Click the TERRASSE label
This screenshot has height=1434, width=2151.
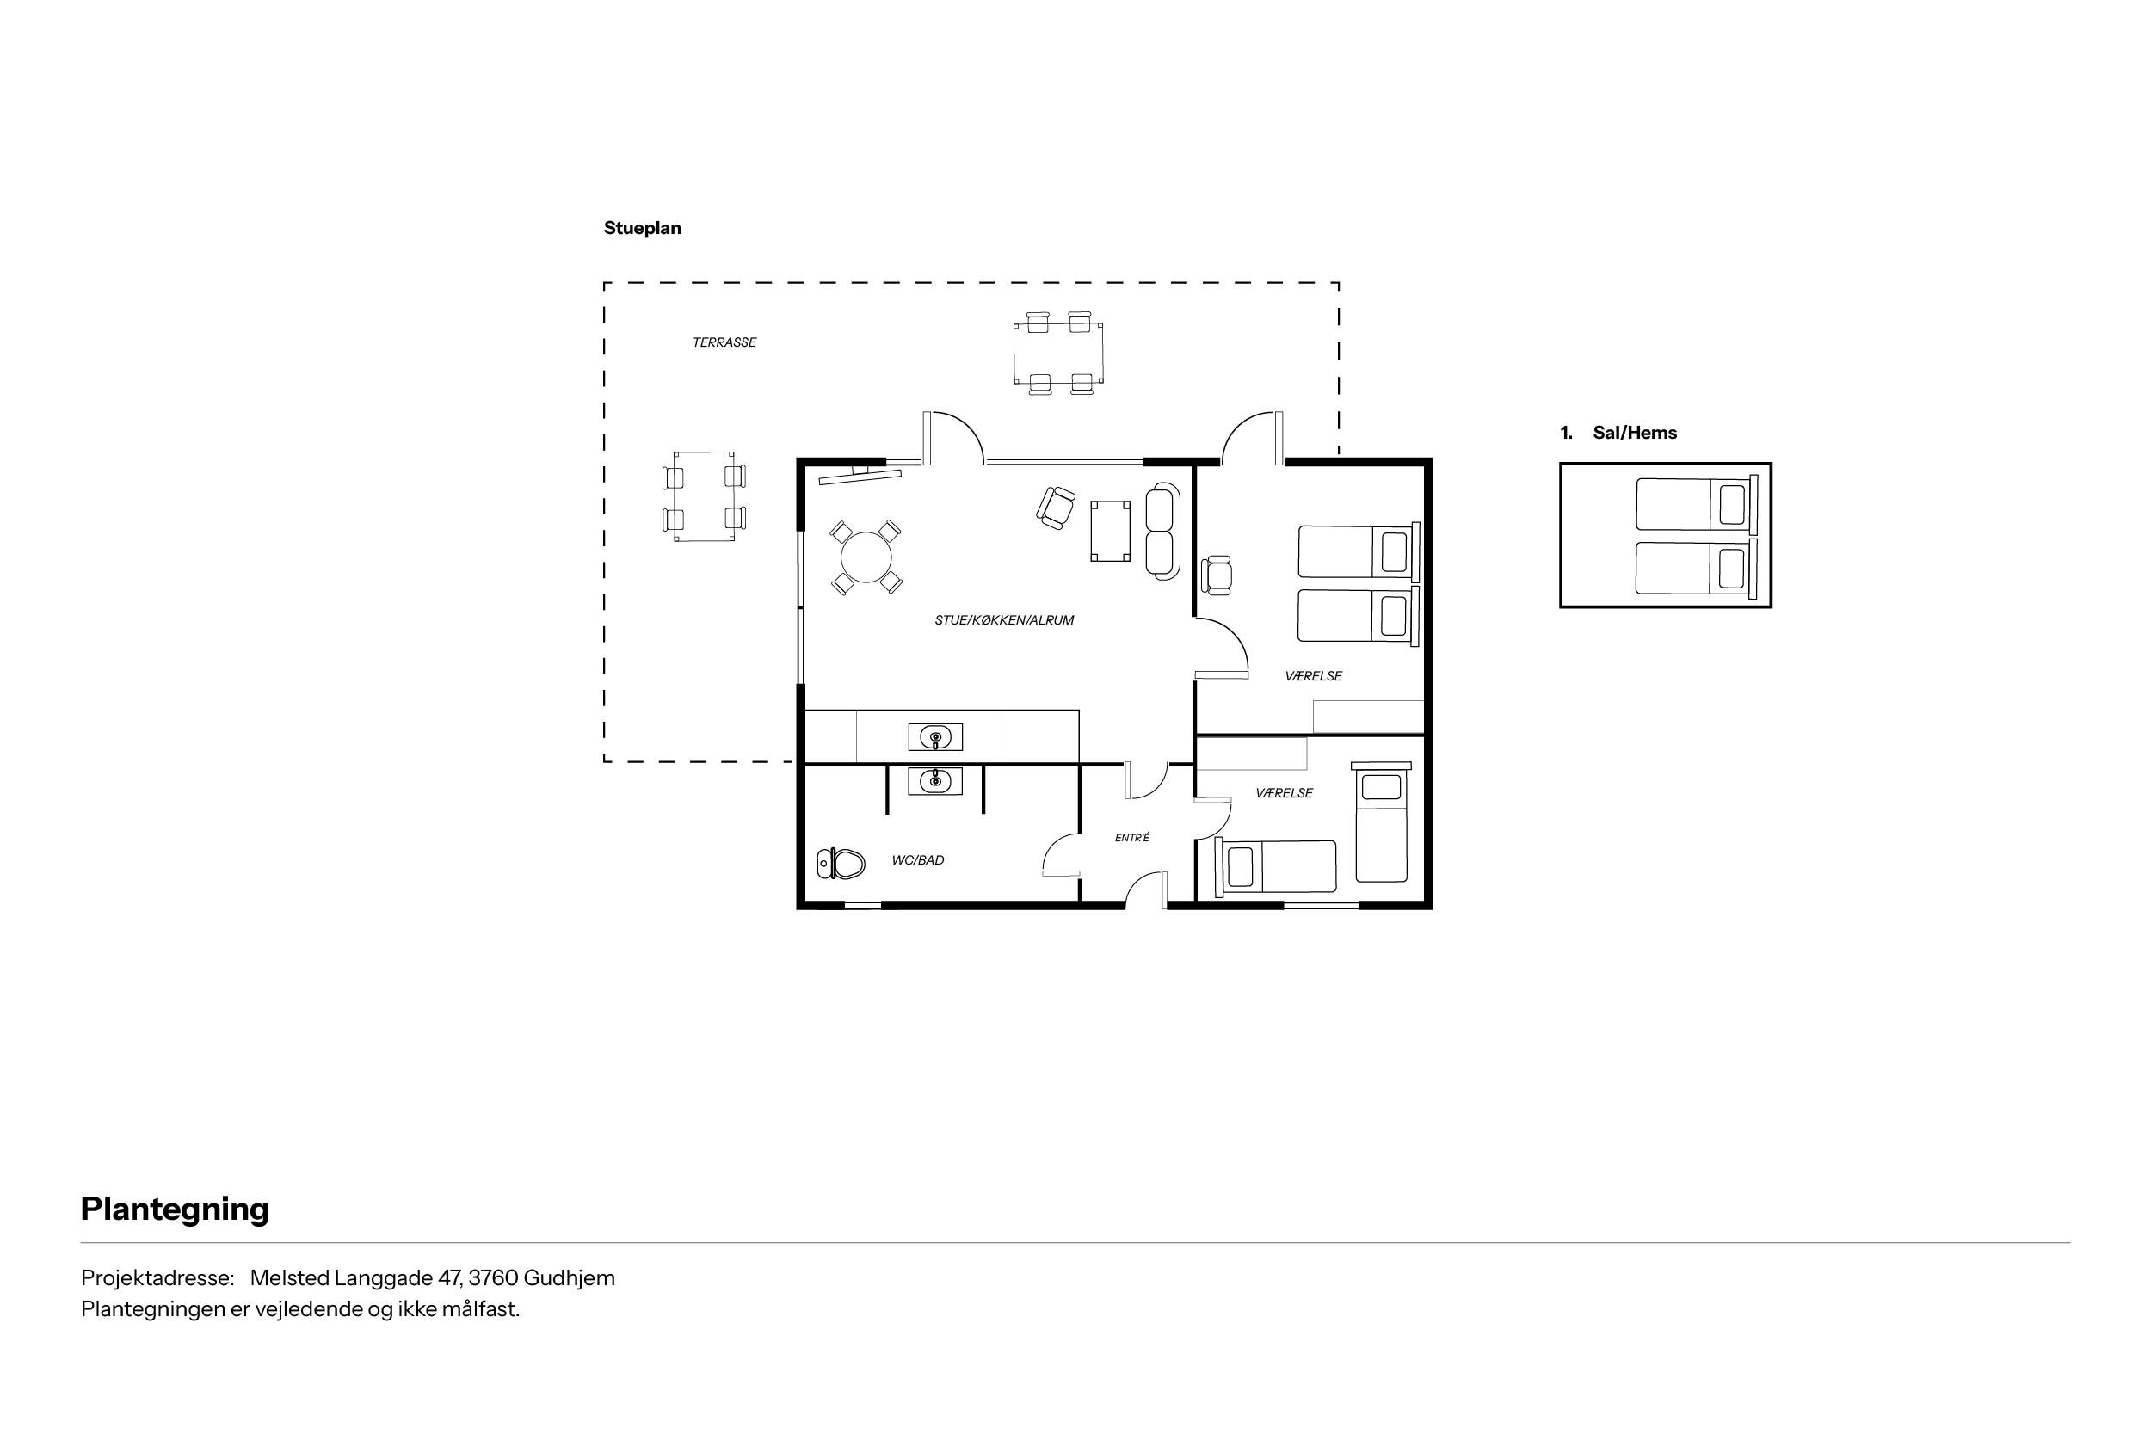[x=724, y=343]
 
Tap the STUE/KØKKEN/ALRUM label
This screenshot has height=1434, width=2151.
[x=1004, y=620]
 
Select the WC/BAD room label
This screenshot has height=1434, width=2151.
[x=918, y=860]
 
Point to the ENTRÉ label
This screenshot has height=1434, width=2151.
[x=1132, y=838]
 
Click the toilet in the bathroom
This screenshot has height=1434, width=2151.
[x=841, y=864]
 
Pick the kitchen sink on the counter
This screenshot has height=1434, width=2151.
[x=934, y=737]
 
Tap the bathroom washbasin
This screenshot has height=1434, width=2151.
[x=934, y=781]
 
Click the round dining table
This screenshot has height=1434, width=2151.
[x=866, y=557]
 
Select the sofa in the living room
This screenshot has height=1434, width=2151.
[x=1162, y=532]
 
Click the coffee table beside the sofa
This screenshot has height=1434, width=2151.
[x=1110, y=531]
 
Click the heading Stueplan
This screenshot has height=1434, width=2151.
[x=642, y=229]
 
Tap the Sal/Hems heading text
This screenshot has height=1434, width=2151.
[x=1636, y=434]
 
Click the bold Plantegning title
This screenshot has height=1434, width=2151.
[x=175, y=1209]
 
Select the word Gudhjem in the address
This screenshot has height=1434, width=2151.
[x=569, y=1278]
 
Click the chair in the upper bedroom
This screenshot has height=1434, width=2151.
[x=1217, y=575]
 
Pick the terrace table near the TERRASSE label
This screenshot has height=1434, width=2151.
[x=704, y=496]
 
